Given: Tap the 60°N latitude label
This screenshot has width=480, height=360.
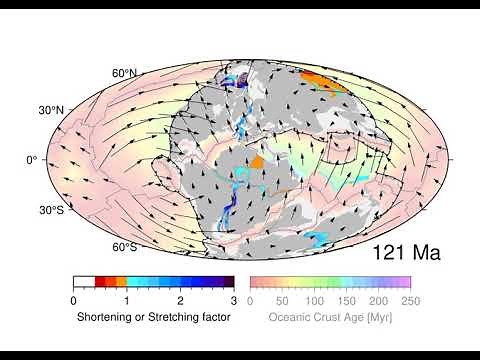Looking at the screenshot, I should [x=124, y=73].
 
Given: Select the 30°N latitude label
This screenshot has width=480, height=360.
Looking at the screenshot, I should [x=51, y=108].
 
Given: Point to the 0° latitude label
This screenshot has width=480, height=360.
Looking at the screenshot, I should [x=32, y=160].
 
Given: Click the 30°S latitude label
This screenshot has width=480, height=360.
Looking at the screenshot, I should [x=51, y=211].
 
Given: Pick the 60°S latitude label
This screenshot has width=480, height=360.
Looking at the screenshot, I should [x=124, y=246].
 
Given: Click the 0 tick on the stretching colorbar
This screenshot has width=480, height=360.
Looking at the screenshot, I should [x=74, y=300].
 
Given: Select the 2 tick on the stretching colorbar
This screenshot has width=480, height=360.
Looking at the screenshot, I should [x=181, y=300].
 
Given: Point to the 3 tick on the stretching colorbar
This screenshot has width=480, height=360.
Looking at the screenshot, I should [x=234, y=300].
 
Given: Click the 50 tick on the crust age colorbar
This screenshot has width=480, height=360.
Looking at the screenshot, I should [x=282, y=300].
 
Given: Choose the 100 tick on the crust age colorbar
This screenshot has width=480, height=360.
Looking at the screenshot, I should [x=314, y=300].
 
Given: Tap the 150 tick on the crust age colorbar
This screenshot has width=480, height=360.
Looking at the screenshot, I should [x=346, y=300].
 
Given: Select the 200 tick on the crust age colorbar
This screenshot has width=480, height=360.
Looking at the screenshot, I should [x=378, y=300].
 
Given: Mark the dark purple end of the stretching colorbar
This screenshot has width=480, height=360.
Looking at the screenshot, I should [x=228, y=283].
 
